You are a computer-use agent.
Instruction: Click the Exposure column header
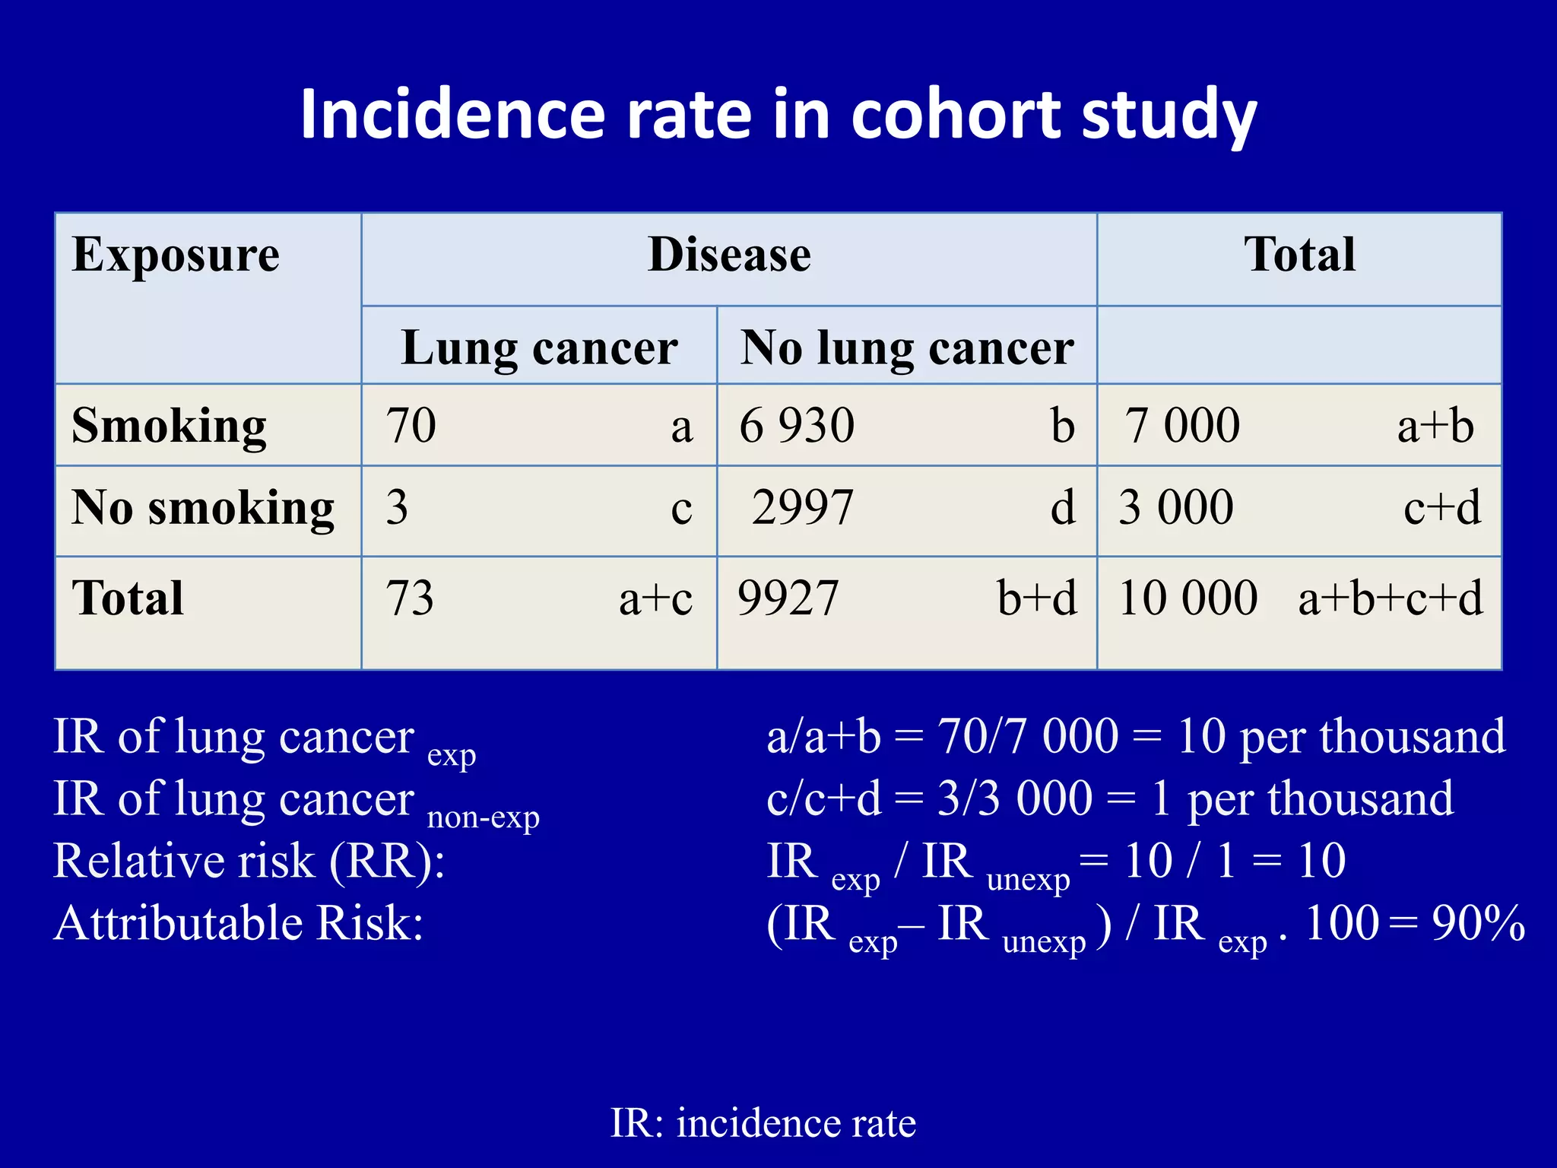coord(176,255)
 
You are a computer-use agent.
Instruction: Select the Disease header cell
coord(729,255)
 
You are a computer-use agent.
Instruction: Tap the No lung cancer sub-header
coord(907,348)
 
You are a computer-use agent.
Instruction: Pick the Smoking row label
coord(169,426)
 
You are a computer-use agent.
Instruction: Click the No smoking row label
coord(202,508)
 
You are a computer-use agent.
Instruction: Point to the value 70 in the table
coord(411,426)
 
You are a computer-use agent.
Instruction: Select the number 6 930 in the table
coord(797,426)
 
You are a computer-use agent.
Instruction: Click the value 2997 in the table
coord(803,508)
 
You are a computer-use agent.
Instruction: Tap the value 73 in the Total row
coord(410,598)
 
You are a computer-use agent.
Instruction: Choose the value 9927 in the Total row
coord(788,598)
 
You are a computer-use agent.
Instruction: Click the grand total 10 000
coord(1188,598)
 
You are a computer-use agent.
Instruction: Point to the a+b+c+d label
coord(1390,598)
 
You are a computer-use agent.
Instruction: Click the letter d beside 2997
coord(1063,508)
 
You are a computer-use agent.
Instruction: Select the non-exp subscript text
coord(484,817)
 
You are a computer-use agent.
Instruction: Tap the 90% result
coord(1478,924)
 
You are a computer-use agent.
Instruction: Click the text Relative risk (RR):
coord(249,862)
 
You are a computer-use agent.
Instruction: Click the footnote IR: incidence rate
coord(763,1123)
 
